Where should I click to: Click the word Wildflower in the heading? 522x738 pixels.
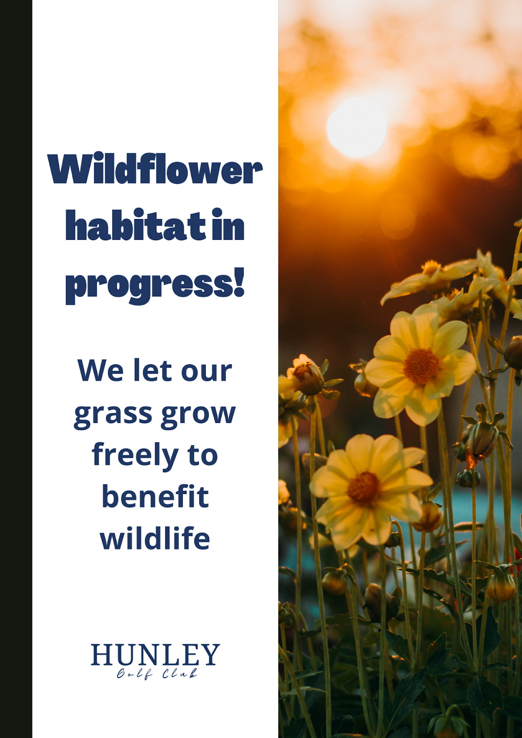pos(155,168)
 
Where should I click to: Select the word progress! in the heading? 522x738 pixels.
pos(155,286)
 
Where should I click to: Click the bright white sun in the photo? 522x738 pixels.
pos(356,127)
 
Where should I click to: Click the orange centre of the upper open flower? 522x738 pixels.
pos(421,366)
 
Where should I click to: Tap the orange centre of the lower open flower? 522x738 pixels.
pos(363,488)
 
